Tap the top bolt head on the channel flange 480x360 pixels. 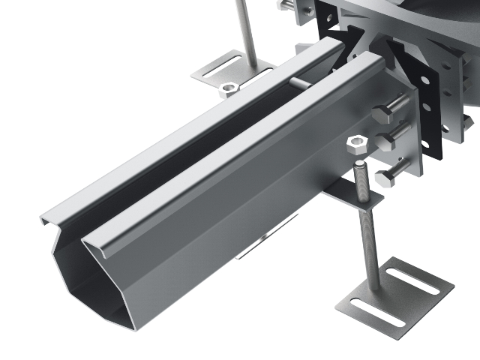pyautogui.click(x=382, y=114)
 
